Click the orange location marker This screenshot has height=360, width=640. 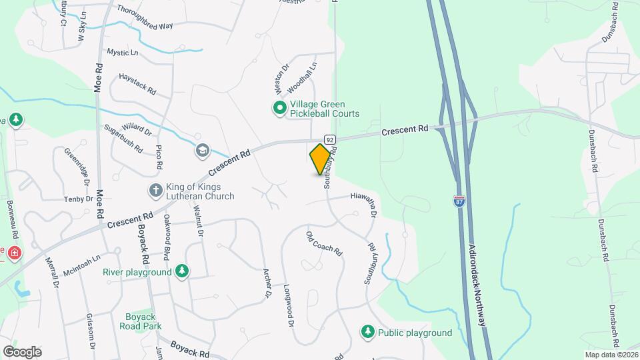click(x=321, y=159)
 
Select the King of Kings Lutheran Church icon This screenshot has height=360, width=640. click(x=155, y=191)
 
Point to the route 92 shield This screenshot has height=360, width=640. click(x=330, y=138)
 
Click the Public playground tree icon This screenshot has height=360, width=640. click(x=367, y=331)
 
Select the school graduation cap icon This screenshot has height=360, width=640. click(x=201, y=151)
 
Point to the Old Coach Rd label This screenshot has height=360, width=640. click(x=324, y=244)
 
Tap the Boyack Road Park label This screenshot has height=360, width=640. click(x=141, y=321)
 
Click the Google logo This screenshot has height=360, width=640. click(x=22, y=351)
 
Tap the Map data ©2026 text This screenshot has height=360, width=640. click(x=611, y=354)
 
